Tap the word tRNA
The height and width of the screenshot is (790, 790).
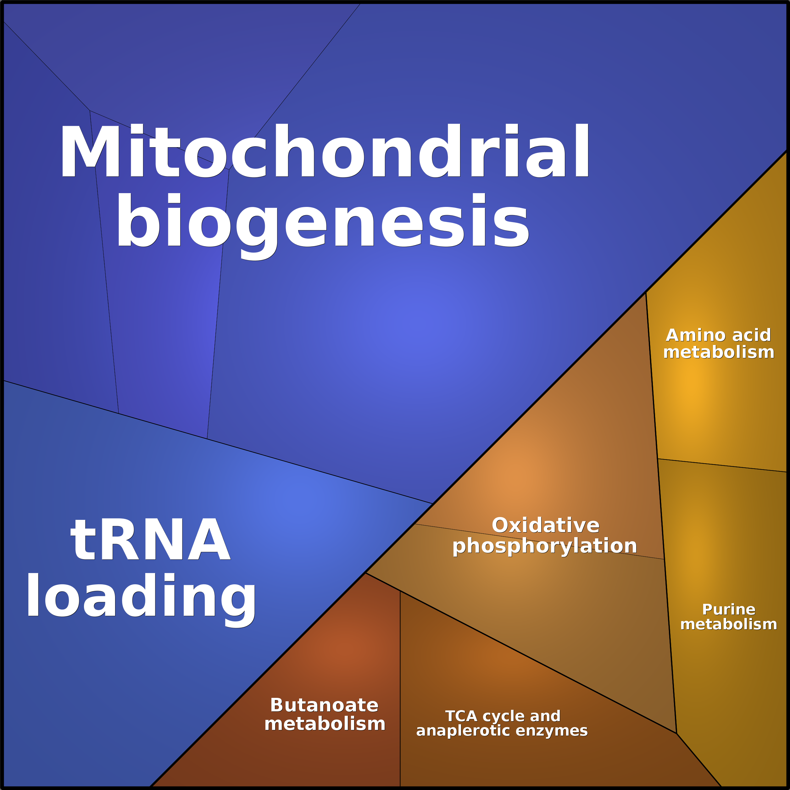[x=150, y=540]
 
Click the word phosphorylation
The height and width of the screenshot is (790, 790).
[x=545, y=546]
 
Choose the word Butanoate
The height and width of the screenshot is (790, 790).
[x=324, y=705]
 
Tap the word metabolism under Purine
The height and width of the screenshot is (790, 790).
[x=729, y=624]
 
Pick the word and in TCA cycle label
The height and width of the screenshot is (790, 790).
[x=545, y=716]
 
